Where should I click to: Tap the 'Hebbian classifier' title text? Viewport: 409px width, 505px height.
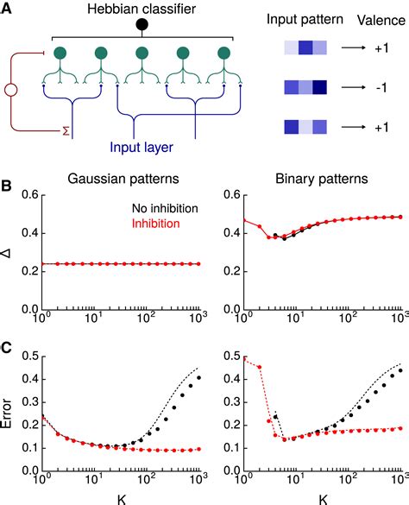tap(138, 8)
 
